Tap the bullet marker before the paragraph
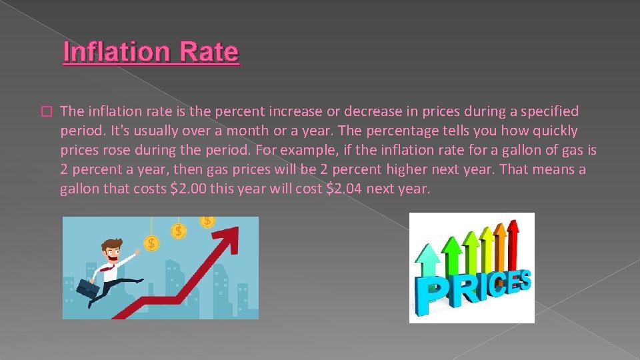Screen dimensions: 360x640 click(x=45, y=111)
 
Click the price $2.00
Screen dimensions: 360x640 click(x=189, y=189)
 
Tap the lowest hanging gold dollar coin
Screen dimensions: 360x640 click(x=151, y=243)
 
